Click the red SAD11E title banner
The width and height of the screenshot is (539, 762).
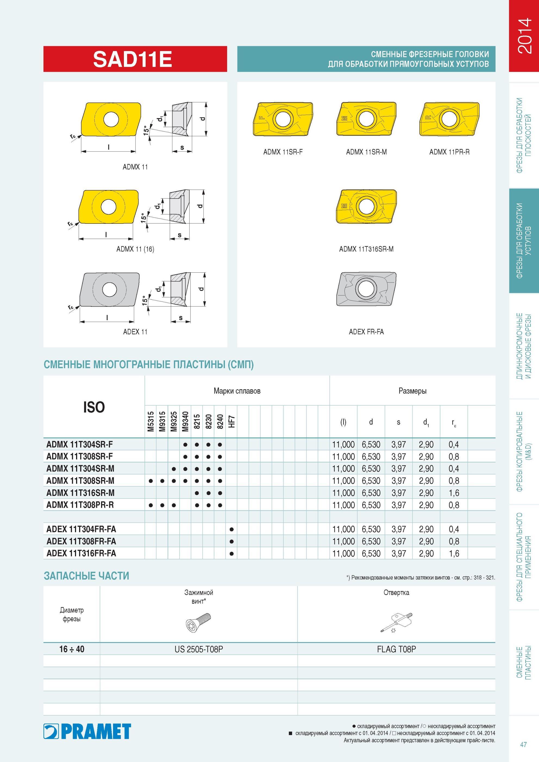(x=135, y=59)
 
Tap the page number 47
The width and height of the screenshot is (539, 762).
(x=524, y=744)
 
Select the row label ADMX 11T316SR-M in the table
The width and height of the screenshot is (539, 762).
(x=80, y=493)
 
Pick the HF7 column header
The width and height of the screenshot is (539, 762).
(x=232, y=421)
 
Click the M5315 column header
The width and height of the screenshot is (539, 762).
(x=151, y=421)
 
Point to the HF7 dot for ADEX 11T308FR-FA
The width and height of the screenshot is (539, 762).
(x=231, y=541)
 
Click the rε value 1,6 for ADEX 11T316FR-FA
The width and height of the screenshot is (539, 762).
(x=454, y=553)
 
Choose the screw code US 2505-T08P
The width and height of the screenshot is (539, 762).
(x=199, y=649)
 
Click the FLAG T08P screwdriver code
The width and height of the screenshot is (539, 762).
(x=396, y=649)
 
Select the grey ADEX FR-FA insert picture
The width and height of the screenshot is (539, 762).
(x=366, y=289)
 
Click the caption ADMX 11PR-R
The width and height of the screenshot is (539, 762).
(x=449, y=152)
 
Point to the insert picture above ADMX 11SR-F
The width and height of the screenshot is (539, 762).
(x=283, y=119)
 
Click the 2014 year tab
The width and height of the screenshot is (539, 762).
(x=524, y=36)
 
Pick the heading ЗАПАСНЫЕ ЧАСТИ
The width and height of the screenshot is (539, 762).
(x=86, y=576)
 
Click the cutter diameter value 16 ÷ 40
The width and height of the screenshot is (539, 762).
(x=72, y=649)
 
